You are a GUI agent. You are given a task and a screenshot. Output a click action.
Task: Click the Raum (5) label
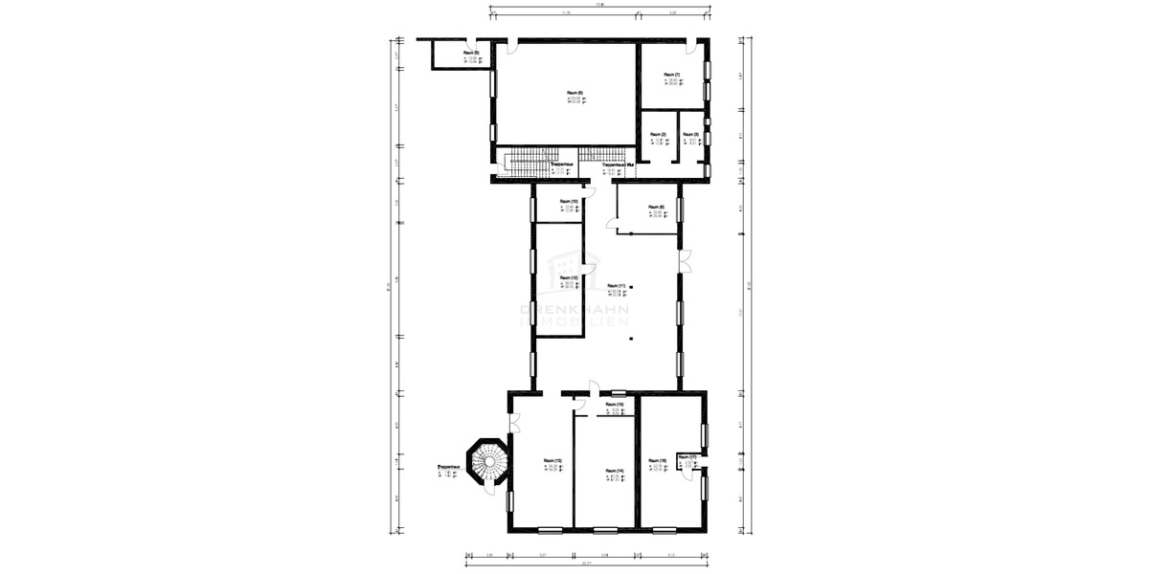470,52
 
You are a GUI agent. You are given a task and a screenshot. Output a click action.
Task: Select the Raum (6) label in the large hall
574,93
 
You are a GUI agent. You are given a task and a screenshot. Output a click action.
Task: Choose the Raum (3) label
689,134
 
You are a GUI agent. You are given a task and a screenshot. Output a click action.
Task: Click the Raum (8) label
655,207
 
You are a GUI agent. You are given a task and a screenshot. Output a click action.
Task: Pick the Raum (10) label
567,202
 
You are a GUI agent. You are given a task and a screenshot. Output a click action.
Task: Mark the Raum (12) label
567,278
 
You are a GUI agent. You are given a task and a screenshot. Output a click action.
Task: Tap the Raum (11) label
616,286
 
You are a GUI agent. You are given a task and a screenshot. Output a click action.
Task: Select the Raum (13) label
552,461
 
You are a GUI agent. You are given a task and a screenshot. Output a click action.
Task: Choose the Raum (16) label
656,461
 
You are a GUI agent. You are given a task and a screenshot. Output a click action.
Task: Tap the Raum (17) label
685,457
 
